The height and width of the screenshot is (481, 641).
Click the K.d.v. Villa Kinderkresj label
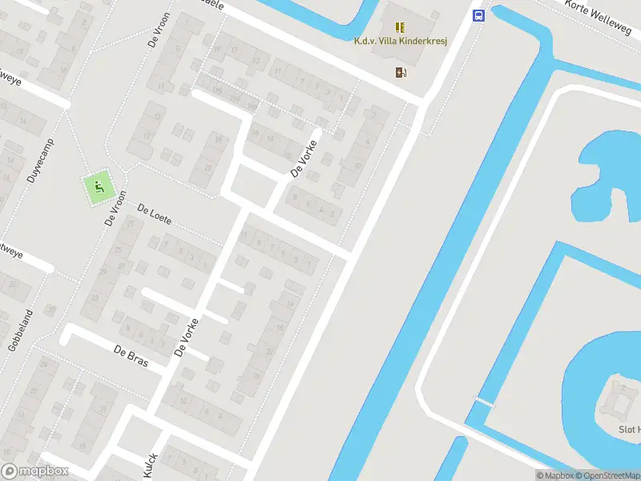[400, 41]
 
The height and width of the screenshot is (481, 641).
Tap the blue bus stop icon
[478, 15]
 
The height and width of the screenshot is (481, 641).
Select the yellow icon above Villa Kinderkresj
[400, 26]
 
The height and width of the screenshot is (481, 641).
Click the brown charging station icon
[400, 72]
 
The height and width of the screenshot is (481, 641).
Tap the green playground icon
[99, 188]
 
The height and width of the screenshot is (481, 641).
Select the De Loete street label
[155, 216]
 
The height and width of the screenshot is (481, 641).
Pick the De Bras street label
[131, 355]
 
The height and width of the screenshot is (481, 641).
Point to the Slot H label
[628, 430]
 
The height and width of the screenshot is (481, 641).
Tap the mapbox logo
[34, 471]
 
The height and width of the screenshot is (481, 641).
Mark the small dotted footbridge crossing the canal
[484, 401]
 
